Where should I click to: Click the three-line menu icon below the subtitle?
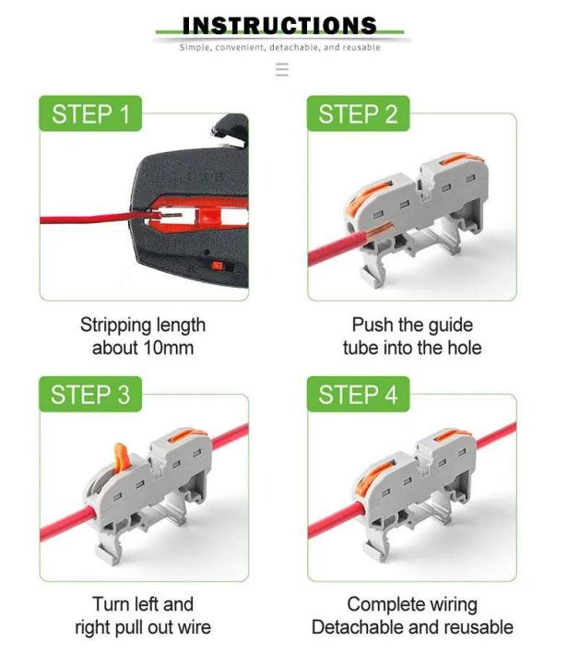[x=282, y=70]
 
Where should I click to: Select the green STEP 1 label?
[x=90, y=115]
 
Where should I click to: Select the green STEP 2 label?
[x=358, y=115]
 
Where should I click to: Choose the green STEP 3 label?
[x=90, y=396]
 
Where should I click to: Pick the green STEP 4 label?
[x=358, y=396]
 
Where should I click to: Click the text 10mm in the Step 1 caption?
[x=171, y=348]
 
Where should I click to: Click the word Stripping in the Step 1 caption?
[x=116, y=326]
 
